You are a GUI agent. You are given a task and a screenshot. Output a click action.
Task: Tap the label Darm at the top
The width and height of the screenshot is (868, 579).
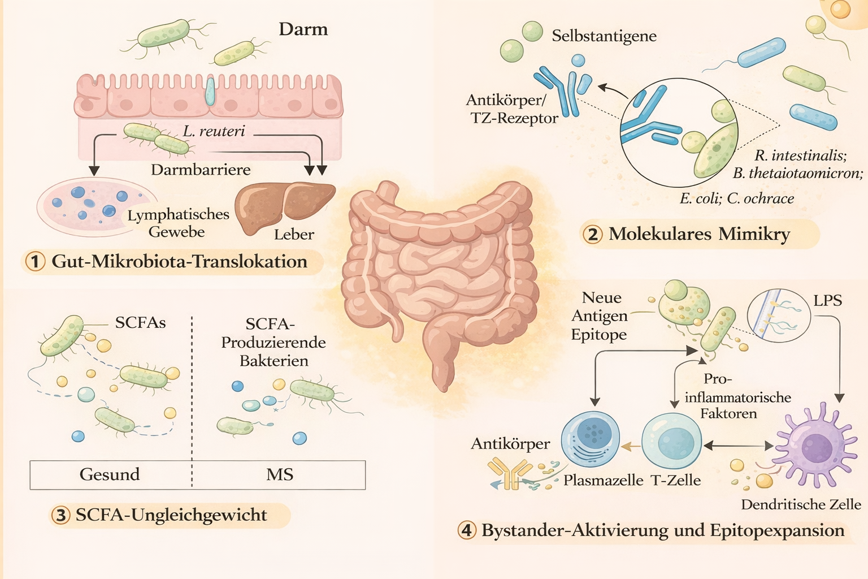303,29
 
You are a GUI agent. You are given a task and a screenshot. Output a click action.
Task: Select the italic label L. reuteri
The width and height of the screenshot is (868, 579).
214,131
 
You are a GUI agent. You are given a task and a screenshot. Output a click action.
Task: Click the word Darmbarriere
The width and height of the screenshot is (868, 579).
201,170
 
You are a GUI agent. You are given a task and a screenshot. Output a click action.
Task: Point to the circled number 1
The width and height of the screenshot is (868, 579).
36,261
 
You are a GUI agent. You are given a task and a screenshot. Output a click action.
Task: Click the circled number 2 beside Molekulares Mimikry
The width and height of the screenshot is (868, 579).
592,234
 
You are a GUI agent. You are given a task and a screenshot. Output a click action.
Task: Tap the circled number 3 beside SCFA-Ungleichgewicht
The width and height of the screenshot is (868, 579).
60,515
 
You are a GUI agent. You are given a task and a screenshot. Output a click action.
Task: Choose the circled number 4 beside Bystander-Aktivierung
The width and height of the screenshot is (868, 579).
467,530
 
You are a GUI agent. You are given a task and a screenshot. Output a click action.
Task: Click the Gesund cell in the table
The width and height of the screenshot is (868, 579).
110,474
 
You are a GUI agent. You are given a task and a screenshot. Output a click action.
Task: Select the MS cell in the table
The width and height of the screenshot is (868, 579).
280,474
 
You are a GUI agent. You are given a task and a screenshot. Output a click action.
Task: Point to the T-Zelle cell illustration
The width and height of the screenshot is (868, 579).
672,442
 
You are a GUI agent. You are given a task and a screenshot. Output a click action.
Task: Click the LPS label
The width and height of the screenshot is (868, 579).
827,301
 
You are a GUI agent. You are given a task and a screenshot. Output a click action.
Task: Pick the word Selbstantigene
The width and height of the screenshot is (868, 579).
604,36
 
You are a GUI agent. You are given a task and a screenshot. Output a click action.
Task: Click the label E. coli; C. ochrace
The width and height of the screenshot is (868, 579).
736,198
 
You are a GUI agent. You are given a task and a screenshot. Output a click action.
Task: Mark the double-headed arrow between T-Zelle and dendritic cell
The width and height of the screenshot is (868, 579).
738,446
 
